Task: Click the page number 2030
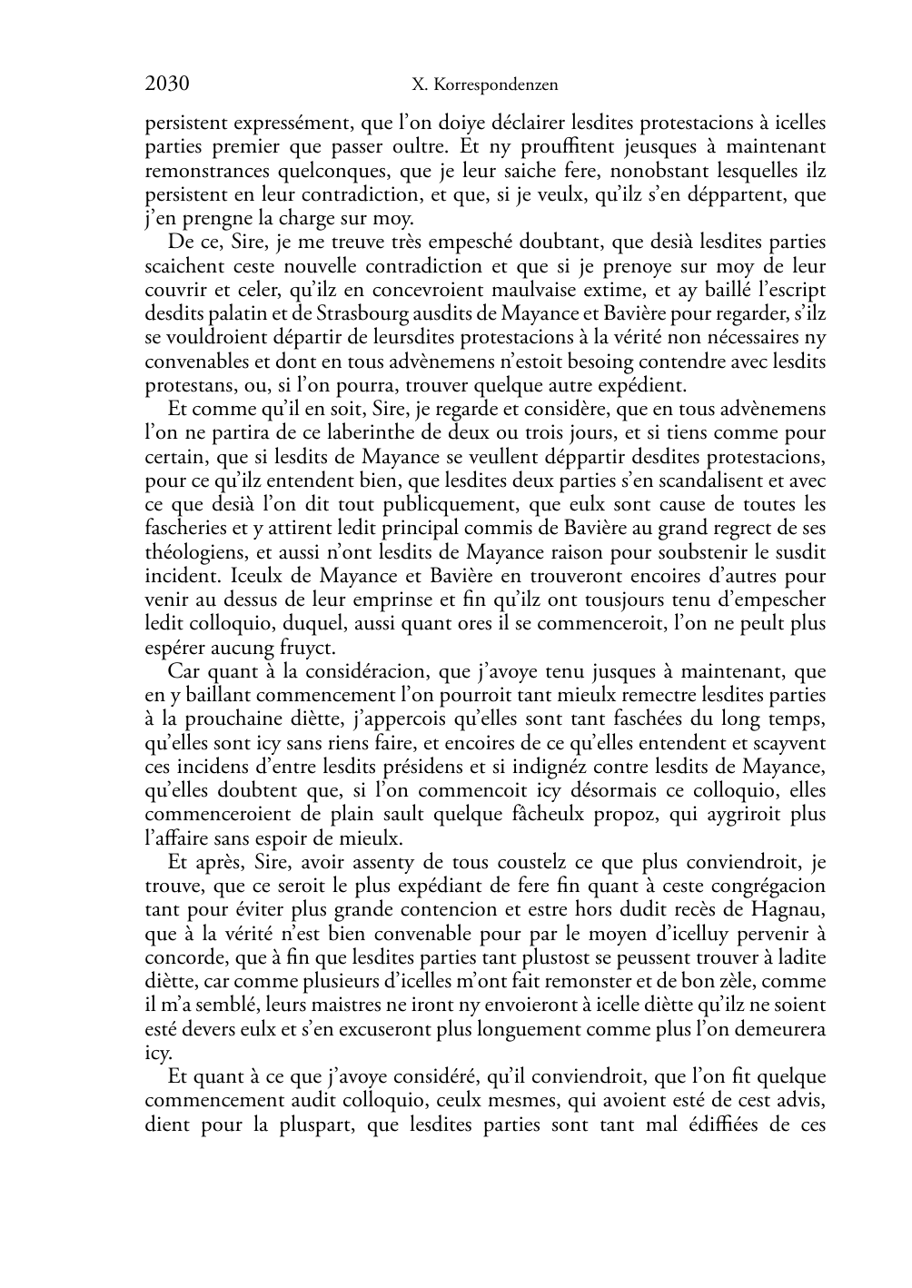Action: [x=167, y=85]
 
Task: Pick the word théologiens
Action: [x=193, y=551]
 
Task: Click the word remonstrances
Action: [x=203, y=170]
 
